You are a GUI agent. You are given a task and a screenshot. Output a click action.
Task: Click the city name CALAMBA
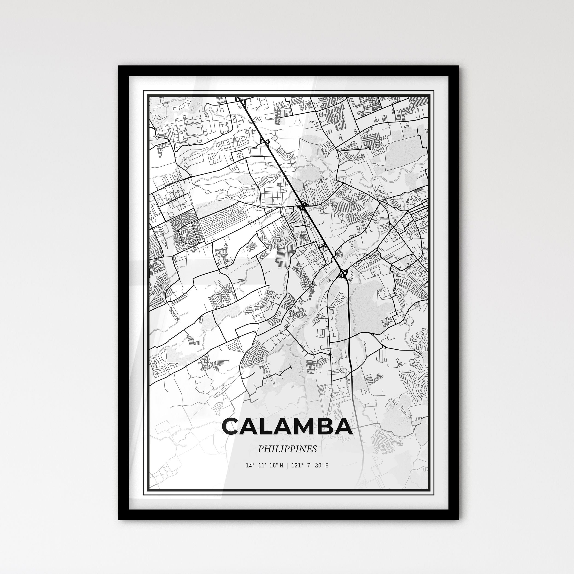pos(287,427)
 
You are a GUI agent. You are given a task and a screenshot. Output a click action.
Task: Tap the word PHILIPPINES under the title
pos(287,449)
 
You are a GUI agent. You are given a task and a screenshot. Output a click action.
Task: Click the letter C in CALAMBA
pos(233,427)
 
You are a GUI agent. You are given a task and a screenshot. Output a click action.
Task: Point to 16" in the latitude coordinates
pos(273,466)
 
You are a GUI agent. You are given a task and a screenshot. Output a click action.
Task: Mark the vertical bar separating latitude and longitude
pos(287,466)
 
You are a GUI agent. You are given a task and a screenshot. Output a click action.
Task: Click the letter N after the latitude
pos(281,466)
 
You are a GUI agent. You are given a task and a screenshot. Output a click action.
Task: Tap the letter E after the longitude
pos(327,466)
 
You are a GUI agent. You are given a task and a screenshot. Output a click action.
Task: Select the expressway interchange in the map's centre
pos(303,206)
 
